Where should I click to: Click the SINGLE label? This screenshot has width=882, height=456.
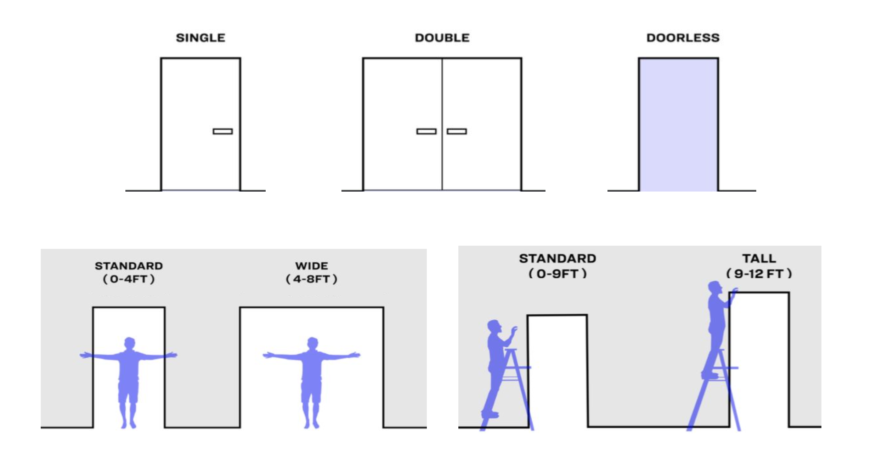click(x=200, y=38)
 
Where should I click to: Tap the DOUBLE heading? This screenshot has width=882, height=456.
click(x=442, y=38)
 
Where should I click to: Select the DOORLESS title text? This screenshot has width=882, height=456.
click(x=683, y=38)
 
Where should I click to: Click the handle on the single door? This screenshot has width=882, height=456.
click(x=223, y=131)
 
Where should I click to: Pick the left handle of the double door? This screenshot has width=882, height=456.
click(x=426, y=131)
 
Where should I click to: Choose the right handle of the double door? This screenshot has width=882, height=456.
click(x=457, y=131)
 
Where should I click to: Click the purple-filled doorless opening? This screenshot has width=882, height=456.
click(x=679, y=125)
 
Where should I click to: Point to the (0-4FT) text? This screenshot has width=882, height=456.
click(x=129, y=279)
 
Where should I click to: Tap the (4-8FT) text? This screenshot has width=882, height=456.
click(x=312, y=279)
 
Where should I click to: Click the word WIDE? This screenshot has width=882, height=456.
click(x=312, y=266)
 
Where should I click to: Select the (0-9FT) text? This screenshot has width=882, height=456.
click(x=558, y=274)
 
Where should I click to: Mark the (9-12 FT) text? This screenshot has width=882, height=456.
click(x=759, y=274)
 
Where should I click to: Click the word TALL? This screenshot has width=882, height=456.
click(x=759, y=258)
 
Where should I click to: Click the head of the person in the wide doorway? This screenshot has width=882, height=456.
click(x=312, y=343)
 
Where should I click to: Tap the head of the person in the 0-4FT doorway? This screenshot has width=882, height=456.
click(x=130, y=343)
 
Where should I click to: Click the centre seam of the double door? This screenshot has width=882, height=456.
click(x=442, y=125)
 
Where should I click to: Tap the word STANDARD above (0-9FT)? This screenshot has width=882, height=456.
click(x=558, y=258)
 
